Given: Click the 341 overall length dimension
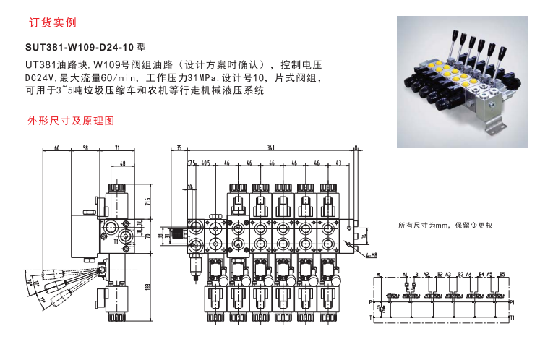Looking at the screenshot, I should [x=271, y=148].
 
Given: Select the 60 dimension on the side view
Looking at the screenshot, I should [x=56, y=148].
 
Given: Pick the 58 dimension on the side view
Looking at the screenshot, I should [x=85, y=148].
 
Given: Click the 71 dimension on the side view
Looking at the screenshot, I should [x=117, y=148].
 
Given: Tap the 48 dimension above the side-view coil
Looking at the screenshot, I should [x=122, y=163].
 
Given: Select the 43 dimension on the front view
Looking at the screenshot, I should [x=338, y=163].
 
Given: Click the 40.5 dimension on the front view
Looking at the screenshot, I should [x=205, y=163].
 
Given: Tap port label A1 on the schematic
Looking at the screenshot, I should [x=406, y=275].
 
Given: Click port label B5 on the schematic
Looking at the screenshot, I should [x=501, y=275].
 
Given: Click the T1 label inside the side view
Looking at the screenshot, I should [x=115, y=244].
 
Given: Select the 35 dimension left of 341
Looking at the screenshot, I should [x=179, y=148].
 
